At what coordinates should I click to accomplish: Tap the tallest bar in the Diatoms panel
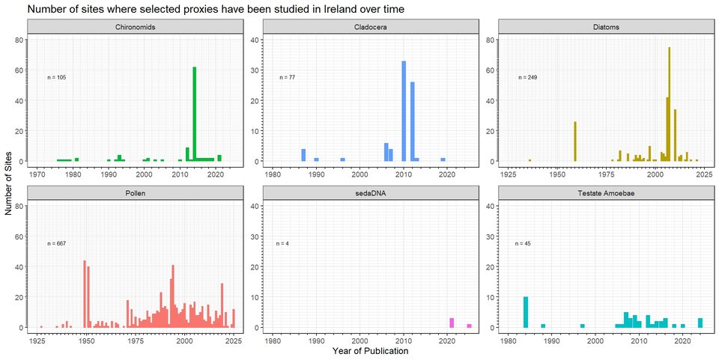click(x=669, y=104)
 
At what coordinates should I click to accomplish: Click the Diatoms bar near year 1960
click(x=575, y=141)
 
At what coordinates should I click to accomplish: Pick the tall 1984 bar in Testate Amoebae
click(x=526, y=312)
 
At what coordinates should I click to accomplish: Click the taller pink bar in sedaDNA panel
click(x=452, y=323)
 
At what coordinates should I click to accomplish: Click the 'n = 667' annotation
click(x=57, y=243)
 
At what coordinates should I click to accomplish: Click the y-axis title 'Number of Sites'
click(x=9, y=180)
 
